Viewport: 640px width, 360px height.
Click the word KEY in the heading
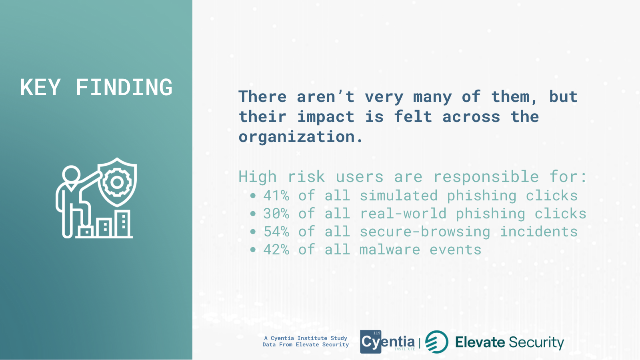click(x=40, y=87)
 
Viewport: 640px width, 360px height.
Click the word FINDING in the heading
click(x=124, y=87)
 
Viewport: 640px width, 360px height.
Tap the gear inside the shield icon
click(x=116, y=182)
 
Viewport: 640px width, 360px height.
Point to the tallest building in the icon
click(x=124, y=224)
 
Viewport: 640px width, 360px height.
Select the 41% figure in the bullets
click(x=276, y=196)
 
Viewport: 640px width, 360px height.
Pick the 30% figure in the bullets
click(x=276, y=214)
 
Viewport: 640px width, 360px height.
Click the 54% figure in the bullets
click(x=276, y=232)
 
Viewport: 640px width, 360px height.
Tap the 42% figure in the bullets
click(x=276, y=250)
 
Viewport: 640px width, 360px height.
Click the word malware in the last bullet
click(x=390, y=250)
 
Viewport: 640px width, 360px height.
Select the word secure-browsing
click(x=425, y=232)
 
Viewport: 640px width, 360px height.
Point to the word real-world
click(x=403, y=214)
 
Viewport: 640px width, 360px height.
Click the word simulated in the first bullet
click(x=398, y=196)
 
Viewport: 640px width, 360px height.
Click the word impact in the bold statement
click(x=326, y=117)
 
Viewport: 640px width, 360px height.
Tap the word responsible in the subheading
click(x=486, y=176)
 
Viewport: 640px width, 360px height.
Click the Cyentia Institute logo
click(x=388, y=342)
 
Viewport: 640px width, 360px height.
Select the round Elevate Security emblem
click(x=436, y=342)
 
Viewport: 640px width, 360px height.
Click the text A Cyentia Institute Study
click(x=306, y=338)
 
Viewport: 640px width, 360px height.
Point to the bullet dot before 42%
click(x=252, y=250)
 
